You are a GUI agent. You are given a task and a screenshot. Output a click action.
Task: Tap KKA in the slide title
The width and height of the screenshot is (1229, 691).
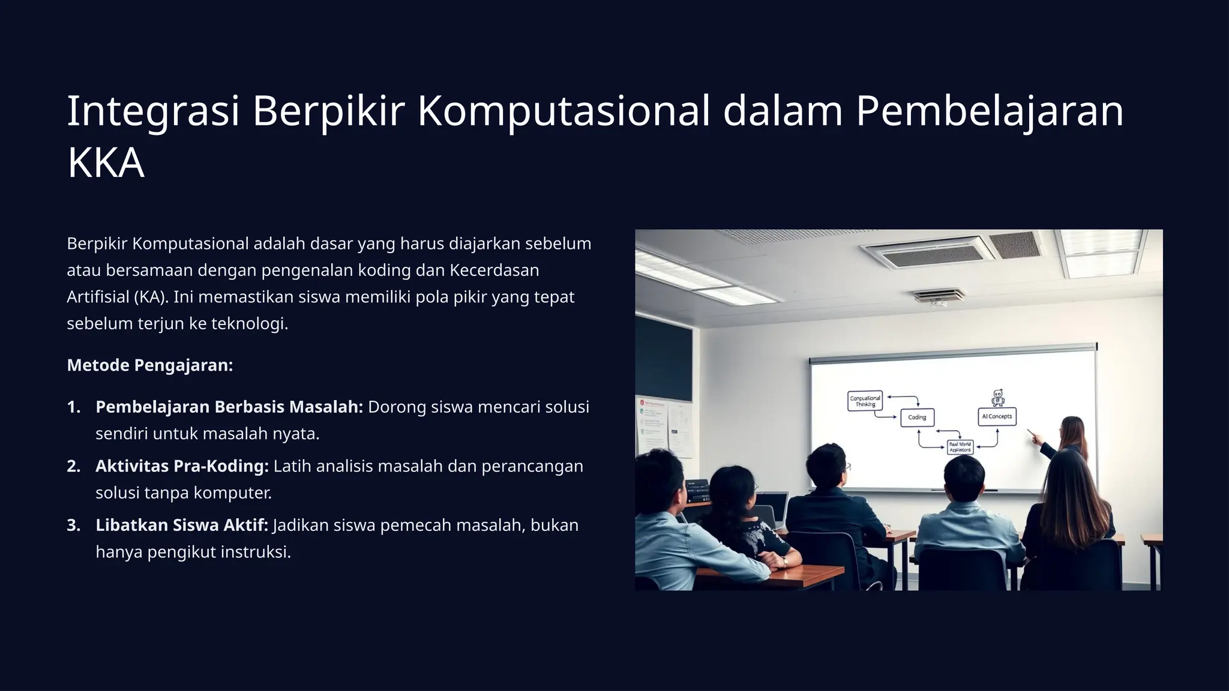106,163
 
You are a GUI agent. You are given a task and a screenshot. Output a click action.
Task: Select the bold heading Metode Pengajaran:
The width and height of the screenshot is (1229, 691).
149,365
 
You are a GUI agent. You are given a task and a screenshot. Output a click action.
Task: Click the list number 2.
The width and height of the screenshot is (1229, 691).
73,466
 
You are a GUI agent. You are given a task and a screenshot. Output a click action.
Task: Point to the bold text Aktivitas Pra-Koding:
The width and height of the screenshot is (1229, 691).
182,466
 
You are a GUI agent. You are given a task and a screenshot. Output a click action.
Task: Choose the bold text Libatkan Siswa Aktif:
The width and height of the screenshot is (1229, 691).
181,525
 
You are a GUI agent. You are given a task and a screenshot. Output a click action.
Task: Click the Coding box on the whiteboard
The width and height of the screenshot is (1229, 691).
917,417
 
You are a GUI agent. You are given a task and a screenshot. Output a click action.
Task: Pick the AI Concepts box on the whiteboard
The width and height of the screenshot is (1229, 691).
997,416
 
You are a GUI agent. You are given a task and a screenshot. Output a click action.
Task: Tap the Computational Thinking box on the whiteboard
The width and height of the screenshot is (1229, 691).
865,401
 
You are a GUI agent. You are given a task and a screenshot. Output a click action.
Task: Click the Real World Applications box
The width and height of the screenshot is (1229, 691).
960,447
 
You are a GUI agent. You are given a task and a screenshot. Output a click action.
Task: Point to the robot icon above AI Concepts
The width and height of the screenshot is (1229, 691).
997,398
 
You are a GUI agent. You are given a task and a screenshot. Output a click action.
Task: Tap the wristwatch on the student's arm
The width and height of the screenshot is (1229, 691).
784,561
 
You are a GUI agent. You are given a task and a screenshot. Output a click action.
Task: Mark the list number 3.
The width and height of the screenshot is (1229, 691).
73,525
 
